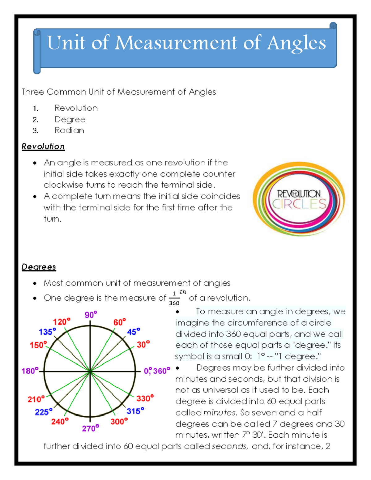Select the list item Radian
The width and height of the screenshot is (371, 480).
(x=69, y=130)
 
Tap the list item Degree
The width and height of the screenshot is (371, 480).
(x=70, y=119)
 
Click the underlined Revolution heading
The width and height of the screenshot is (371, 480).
(x=43, y=147)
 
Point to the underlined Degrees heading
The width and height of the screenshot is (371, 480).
(x=39, y=267)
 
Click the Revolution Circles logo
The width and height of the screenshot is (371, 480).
(x=299, y=199)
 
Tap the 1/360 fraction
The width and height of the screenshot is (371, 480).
(x=174, y=299)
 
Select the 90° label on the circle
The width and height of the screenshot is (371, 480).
(x=91, y=315)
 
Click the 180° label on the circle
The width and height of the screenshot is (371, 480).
(x=30, y=371)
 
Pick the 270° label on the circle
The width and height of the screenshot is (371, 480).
(x=91, y=428)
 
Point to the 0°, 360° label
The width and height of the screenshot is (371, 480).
(x=157, y=371)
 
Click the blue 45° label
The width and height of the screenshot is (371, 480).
(x=134, y=332)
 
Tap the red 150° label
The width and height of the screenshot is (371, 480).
(x=38, y=345)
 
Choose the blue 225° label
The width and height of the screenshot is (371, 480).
(x=44, y=412)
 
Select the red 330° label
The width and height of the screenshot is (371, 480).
(x=145, y=398)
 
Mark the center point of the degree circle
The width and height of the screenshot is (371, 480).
(x=90, y=371)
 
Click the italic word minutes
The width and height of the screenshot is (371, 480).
(x=220, y=413)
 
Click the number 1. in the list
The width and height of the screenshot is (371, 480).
(x=36, y=108)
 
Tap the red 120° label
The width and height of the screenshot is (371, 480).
(x=62, y=322)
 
